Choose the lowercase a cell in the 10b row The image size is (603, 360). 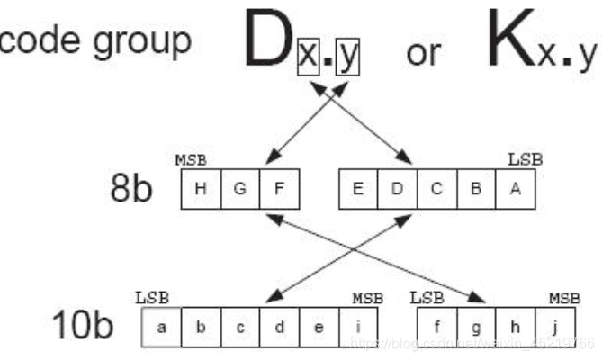point(162,326)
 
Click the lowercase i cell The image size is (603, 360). point(360,326)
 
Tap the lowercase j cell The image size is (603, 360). point(558,326)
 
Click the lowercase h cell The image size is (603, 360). point(518,326)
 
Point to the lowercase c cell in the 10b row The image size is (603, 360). point(241,326)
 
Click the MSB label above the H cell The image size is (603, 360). point(191,161)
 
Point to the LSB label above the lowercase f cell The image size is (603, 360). point(427,296)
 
